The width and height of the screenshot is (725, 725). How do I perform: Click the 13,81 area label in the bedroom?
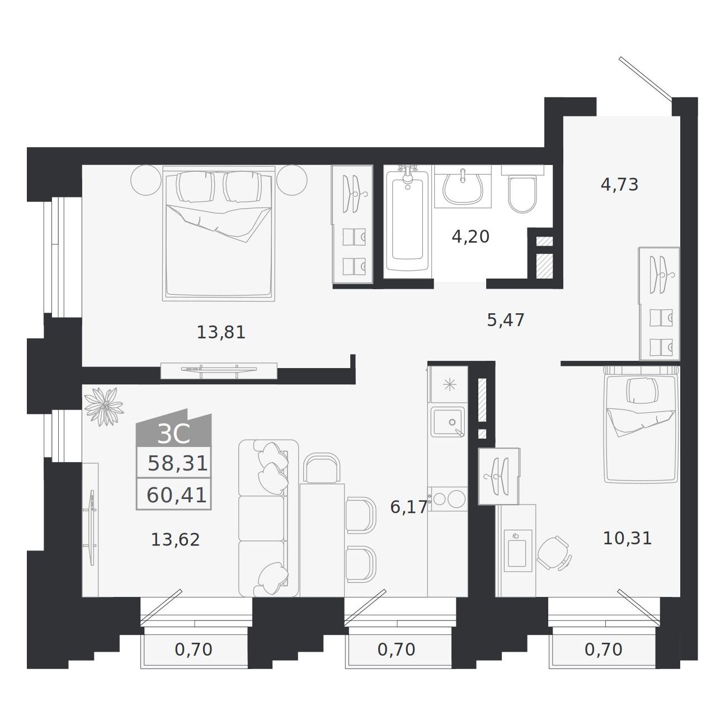tap(221, 332)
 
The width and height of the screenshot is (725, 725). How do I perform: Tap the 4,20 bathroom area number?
tap(470, 237)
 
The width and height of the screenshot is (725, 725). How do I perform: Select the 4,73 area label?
tap(619, 185)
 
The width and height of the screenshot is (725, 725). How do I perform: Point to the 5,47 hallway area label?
tap(505, 320)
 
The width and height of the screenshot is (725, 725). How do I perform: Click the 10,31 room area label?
tap(627, 538)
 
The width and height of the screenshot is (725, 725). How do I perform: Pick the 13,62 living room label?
tap(175, 540)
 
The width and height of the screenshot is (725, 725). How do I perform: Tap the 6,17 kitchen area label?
tap(409, 507)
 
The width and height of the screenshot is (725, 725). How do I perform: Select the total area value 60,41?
tap(176, 495)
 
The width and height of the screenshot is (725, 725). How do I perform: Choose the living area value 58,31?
tap(177, 463)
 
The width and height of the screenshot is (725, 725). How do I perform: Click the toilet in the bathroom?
tap(522, 190)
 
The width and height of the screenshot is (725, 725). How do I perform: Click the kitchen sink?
tap(448, 422)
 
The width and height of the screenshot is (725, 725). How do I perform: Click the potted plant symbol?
tap(103, 406)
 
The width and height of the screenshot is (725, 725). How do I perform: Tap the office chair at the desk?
tap(553, 554)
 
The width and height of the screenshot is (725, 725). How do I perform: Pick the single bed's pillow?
tap(642, 391)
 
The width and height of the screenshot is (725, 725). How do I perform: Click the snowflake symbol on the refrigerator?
tap(450, 384)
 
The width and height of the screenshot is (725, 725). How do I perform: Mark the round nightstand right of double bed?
tap(291, 180)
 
